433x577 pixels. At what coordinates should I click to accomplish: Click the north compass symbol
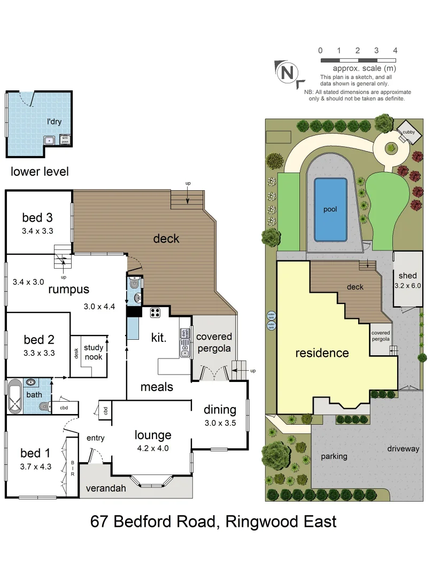pos(288,72)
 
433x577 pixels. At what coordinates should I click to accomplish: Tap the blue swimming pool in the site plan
pos(330,209)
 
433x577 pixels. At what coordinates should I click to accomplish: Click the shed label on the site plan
pos(407,276)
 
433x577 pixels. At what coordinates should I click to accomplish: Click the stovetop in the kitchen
pos(156,313)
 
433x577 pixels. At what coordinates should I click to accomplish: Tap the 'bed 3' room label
pos(37,217)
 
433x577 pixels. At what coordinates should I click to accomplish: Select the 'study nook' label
pos(93,352)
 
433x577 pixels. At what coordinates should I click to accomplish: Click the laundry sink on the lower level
pos(49,141)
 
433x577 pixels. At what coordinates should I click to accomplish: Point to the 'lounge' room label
pos(153,435)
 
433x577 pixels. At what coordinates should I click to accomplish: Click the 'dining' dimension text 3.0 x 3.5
pos(220,423)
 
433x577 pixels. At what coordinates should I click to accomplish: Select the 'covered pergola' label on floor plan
pos(214,342)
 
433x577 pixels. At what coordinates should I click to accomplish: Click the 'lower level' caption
pos(40,171)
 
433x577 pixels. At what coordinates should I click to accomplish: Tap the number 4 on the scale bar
pos(395,50)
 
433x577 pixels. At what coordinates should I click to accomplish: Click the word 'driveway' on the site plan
pos(403,449)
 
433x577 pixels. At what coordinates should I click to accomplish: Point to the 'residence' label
pos(322,353)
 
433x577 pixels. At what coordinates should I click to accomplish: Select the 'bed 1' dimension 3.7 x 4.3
pos(35,466)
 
